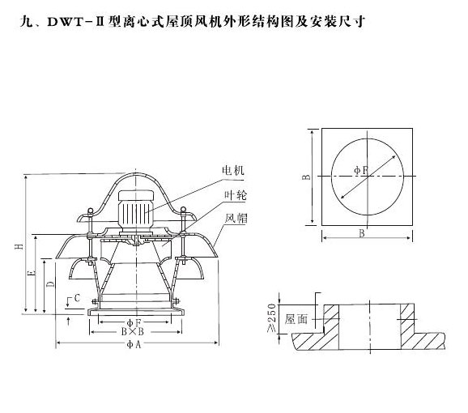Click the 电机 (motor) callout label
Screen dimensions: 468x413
(x=233, y=170)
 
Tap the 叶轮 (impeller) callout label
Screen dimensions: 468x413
(x=236, y=195)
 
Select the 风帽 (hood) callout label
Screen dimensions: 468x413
(x=236, y=218)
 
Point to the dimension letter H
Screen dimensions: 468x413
(x=19, y=246)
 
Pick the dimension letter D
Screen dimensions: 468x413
(x=51, y=283)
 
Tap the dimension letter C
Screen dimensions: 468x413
(x=77, y=298)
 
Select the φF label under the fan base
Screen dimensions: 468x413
(x=134, y=322)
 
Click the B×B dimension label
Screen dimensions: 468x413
(x=133, y=331)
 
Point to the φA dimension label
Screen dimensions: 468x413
(x=134, y=344)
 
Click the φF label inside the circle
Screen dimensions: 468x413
(x=361, y=170)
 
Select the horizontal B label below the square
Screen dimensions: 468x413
(x=362, y=233)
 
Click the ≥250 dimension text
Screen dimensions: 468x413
(x=271, y=317)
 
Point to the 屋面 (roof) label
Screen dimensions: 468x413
(x=296, y=319)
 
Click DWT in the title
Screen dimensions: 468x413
(x=65, y=22)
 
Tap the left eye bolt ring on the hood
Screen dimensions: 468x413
(x=90, y=211)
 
